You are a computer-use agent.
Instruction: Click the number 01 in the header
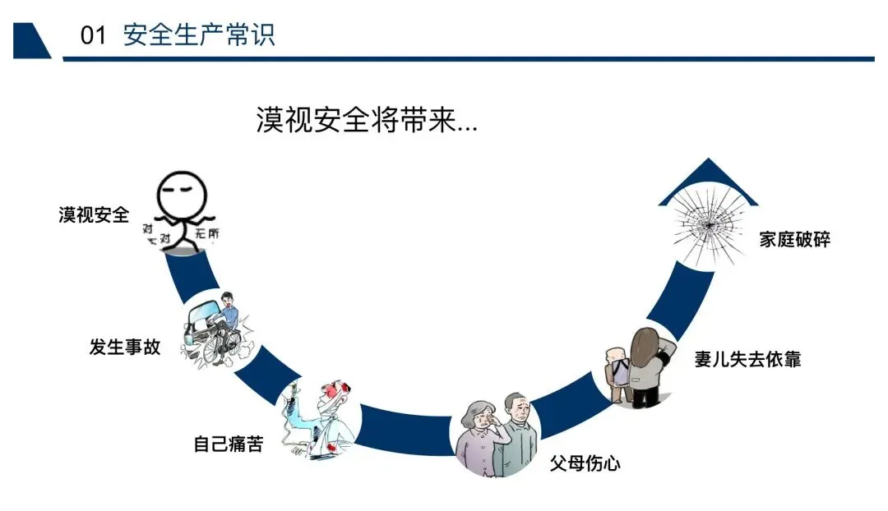(93, 35)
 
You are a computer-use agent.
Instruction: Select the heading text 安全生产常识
(199, 35)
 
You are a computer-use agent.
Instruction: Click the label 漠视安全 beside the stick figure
(94, 215)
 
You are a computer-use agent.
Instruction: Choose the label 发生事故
(125, 347)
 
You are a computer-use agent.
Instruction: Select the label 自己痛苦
(229, 444)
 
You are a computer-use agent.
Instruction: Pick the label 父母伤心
(585, 463)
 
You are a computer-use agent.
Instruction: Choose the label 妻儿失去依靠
(747, 359)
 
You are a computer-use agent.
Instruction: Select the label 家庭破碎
(794, 239)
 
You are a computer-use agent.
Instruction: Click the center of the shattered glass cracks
(709, 225)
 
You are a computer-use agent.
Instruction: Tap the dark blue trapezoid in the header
(32, 41)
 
